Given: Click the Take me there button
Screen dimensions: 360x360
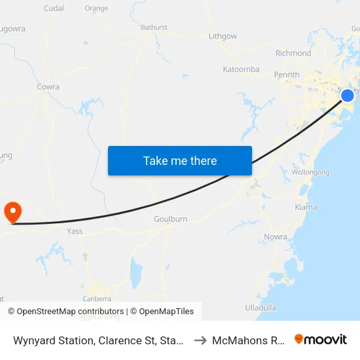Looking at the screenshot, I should click(x=180, y=160).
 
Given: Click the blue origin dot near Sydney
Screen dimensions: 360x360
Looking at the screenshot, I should click(x=348, y=96).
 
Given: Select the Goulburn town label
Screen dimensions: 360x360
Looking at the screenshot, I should click(x=170, y=219).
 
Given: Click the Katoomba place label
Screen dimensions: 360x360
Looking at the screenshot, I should click(x=241, y=69).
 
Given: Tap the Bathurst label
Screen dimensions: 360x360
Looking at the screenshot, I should click(x=154, y=27).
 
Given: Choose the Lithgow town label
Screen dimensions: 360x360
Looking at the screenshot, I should click(x=223, y=37).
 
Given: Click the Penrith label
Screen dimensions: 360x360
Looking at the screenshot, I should click(x=287, y=75).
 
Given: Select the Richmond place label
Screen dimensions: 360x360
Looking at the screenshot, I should click(x=294, y=53).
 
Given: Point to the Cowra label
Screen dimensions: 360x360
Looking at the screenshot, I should click(x=48, y=86).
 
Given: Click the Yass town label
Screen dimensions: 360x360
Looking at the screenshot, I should click(x=74, y=231).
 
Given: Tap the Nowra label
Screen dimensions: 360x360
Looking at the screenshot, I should click(x=276, y=236).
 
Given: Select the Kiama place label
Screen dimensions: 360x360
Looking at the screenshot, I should click(x=306, y=207).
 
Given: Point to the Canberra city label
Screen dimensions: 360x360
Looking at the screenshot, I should click(x=96, y=298).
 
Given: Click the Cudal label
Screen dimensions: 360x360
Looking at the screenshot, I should click(x=53, y=9).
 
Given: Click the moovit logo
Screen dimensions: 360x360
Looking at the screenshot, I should click(x=321, y=340).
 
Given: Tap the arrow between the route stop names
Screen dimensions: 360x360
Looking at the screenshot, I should click(x=200, y=340).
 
